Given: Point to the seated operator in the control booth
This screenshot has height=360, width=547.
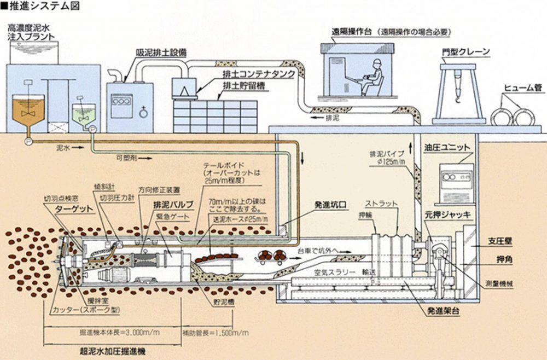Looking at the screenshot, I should (x=373, y=78).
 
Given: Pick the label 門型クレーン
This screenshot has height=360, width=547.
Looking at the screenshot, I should (x=465, y=53).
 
